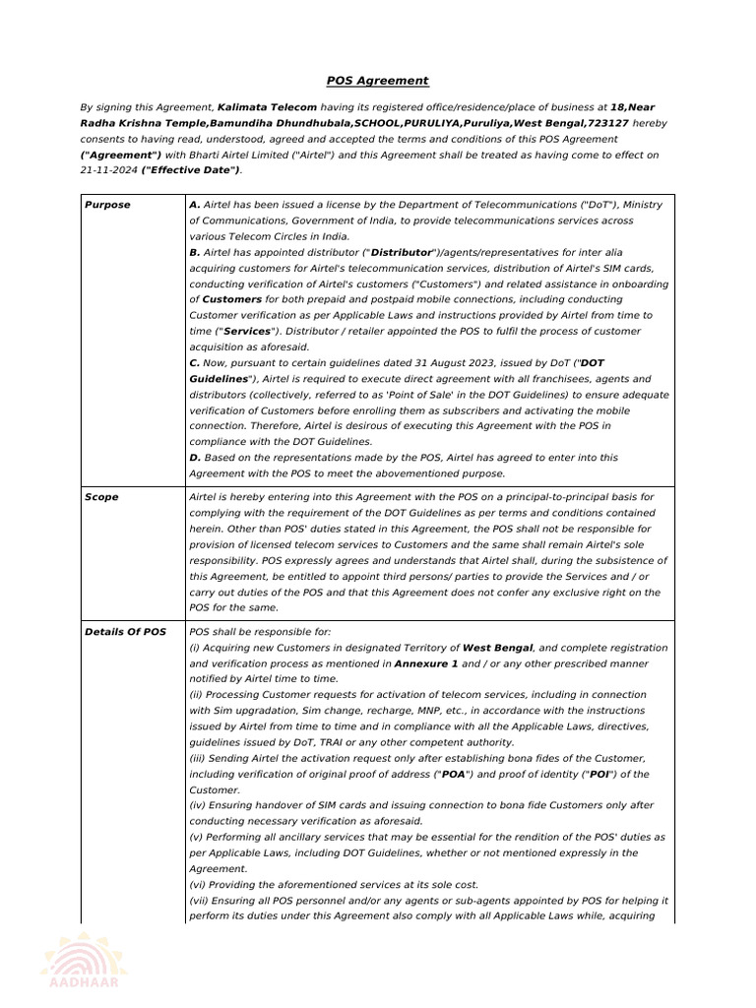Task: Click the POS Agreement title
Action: click(378, 81)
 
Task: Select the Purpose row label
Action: click(107, 205)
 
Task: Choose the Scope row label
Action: click(101, 497)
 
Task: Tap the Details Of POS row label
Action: click(126, 631)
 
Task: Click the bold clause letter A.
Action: click(195, 205)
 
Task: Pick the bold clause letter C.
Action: click(195, 363)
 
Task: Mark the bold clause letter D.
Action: click(195, 458)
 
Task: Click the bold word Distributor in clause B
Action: click(401, 252)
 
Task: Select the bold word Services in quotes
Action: click(246, 332)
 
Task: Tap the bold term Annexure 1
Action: click(426, 662)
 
